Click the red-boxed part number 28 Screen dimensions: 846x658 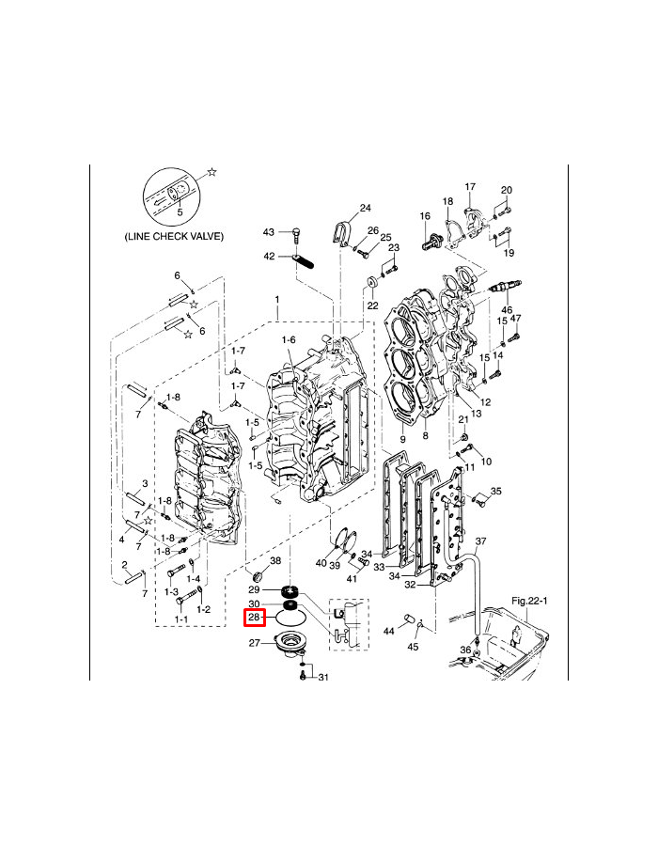point(255,618)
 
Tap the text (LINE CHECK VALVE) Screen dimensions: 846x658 point(174,237)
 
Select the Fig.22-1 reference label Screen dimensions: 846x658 point(529,600)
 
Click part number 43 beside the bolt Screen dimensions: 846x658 point(268,232)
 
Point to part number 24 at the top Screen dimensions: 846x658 point(366,208)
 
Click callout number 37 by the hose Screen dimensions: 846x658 point(480,541)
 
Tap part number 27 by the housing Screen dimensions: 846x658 point(254,643)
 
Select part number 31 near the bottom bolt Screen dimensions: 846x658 point(322,677)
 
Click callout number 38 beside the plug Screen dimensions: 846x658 point(275,560)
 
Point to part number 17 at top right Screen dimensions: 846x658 point(470,187)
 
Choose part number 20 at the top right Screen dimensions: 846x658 point(507,191)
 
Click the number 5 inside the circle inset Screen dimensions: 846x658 point(180,212)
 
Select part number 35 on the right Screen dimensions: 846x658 point(496,491)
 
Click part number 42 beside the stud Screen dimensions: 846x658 point(269,256)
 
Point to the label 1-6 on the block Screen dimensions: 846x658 point(289,339)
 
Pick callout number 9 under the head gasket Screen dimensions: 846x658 point(402,439)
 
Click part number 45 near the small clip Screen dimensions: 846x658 point(414,647)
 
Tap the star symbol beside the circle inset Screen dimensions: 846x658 point(212,172)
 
